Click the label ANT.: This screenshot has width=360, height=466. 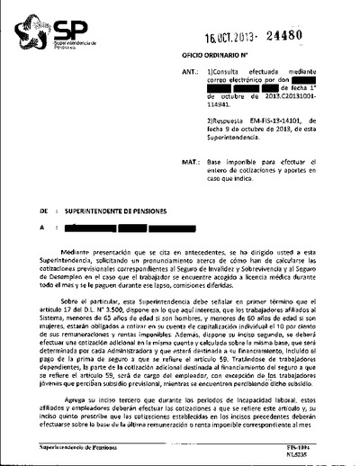pos(190,69)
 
